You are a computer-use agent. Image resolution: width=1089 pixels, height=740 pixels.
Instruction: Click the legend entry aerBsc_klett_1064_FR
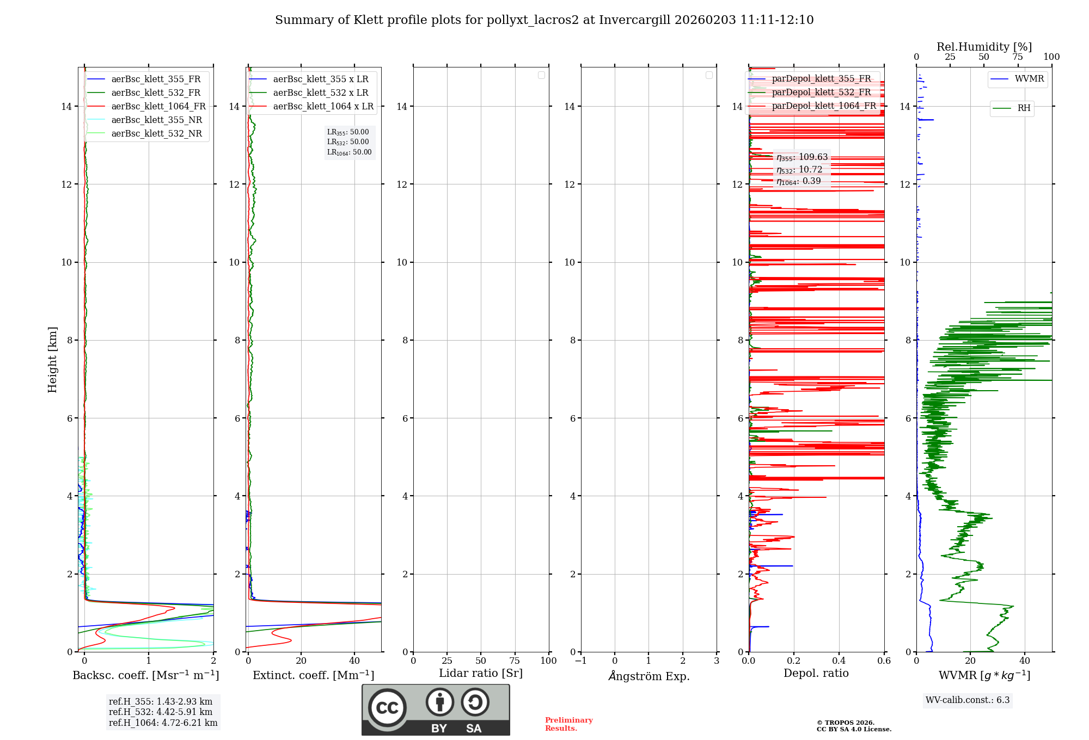pos(158,107)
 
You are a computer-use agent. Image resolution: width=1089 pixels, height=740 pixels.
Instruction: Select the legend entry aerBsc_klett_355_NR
pos(156,120)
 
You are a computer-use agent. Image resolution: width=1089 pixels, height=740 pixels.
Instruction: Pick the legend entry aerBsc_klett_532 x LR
pos(320,93)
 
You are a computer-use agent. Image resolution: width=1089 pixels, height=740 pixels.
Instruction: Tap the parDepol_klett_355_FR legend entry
pos(821,79)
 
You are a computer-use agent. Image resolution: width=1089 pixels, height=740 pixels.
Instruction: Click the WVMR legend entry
pos(1029,79)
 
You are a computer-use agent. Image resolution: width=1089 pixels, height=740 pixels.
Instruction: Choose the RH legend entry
pos(1024,108)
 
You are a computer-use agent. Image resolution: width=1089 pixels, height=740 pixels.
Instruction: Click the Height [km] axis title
pos(52,360)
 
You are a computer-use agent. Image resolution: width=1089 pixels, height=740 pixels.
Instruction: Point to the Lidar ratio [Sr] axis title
pos(481,674)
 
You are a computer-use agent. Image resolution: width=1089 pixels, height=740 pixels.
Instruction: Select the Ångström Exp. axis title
pos(649,676)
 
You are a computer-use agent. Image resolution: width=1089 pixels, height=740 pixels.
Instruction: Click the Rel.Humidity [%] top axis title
pos(984,47)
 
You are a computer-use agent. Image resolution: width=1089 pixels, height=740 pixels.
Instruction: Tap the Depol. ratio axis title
pos(816,674)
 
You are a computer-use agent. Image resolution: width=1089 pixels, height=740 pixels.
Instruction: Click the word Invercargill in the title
pos(634,20)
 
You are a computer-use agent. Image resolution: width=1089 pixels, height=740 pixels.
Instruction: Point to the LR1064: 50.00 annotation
pos(349,152)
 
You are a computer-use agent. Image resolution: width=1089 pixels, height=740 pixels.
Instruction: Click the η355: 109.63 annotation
pos(802,157)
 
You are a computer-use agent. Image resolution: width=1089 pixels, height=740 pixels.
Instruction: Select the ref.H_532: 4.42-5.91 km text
pos(161,712)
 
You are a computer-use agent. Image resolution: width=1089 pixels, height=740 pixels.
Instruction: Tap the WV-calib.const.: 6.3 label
pos(968,700)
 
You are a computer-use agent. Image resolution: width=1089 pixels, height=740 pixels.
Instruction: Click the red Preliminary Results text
pos(568,724)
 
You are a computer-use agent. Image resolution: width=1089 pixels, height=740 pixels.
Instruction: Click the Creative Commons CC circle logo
pos(387,708)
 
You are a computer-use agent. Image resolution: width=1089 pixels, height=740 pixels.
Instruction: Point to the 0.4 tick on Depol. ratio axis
pos(839,661)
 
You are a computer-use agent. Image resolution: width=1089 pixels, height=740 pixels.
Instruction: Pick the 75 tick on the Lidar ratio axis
pos(515,661)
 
